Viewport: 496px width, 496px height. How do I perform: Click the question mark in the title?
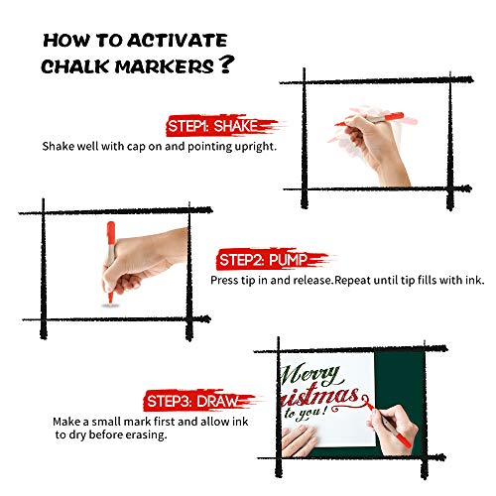point(227,64)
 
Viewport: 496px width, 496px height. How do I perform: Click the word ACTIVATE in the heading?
point(178,41)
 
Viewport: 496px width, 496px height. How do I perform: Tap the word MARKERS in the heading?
point(165,66)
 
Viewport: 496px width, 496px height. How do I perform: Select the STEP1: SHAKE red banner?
point(221,126)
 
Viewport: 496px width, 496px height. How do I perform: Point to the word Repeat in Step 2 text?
point(352,281)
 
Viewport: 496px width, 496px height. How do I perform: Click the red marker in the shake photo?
point(370,119)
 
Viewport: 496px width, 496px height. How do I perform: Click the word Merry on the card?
point(310,375)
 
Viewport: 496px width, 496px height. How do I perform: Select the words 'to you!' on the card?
point(307,414)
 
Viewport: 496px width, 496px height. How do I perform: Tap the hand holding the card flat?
point(300,439)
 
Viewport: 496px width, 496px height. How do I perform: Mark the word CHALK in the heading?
point(75,66)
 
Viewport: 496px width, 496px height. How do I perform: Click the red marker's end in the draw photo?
point(409,445)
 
